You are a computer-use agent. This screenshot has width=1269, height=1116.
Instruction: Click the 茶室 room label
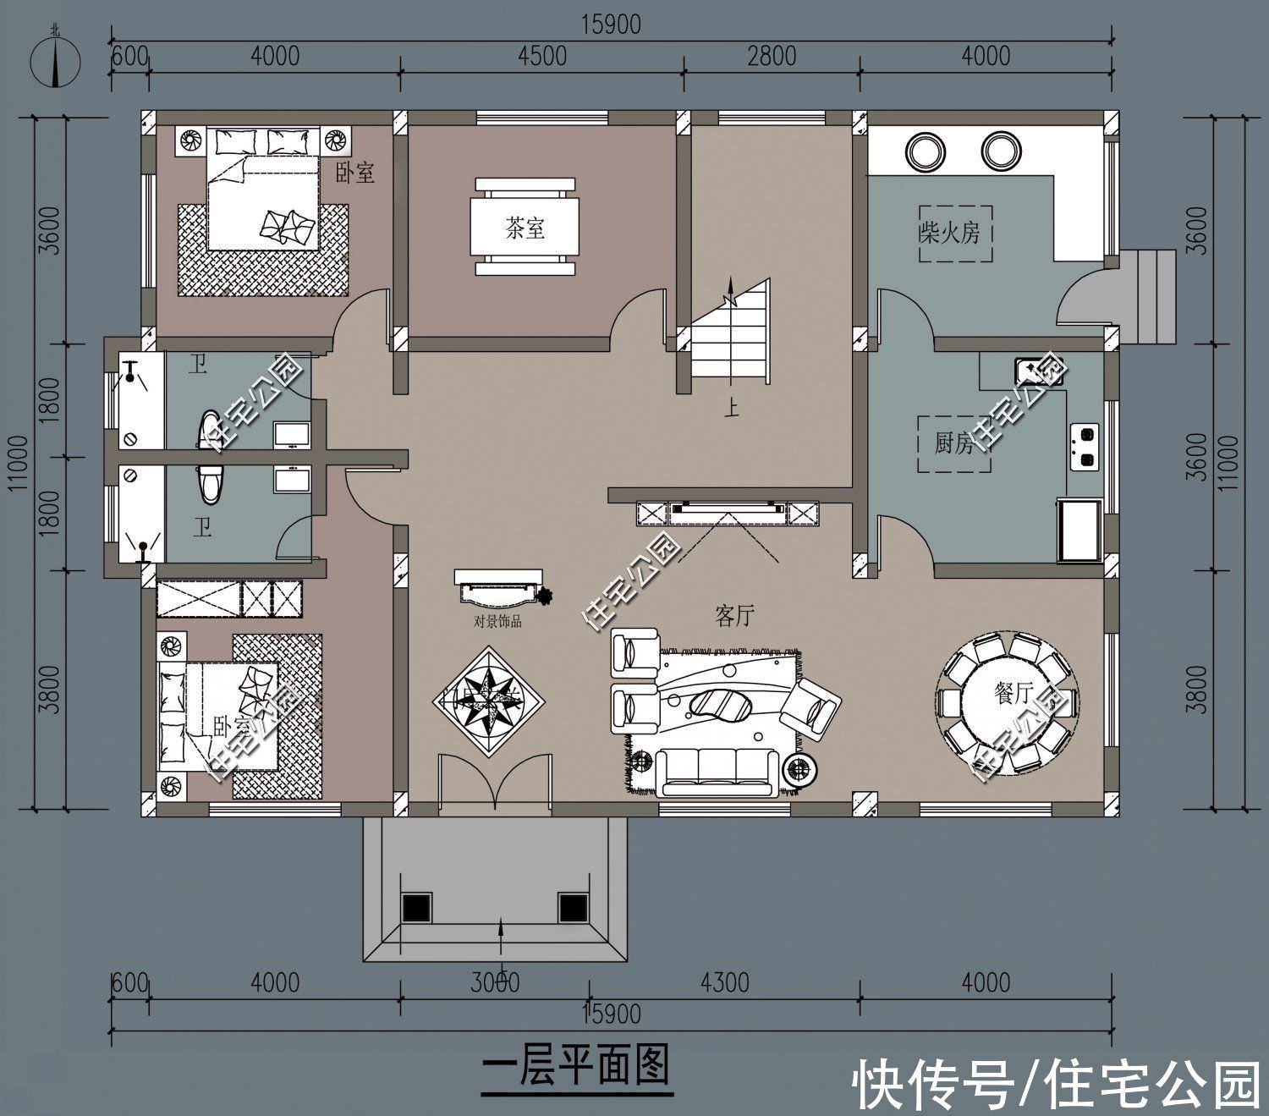click(x=525, y=228)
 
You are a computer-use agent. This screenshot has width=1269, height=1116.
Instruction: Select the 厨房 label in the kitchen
click(x=953, y=443)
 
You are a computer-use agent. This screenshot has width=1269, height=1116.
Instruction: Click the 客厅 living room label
click(x=734, y=617)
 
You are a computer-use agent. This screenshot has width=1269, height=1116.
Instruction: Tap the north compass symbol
click(x=56, y=61)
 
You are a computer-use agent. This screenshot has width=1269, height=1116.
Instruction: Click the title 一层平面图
click(x=576, y=1065)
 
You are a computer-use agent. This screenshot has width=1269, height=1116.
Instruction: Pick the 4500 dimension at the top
click(x=541, y=56)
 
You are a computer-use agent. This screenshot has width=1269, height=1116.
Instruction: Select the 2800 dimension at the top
click(x=772, y=56)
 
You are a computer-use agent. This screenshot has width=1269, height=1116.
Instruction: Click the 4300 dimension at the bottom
click(x=725, y=982)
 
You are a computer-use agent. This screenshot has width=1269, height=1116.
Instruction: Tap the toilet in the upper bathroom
click(x=208, y=427)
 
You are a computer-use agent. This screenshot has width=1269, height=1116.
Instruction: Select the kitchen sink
click(x=1039, y=371)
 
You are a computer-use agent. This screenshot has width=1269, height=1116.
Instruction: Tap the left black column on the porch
click(x=416, y=907)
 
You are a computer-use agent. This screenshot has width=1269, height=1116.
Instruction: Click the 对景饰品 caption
click(x=497, y=622)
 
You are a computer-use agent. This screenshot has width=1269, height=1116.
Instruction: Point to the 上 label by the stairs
click(x=731, y=410)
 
